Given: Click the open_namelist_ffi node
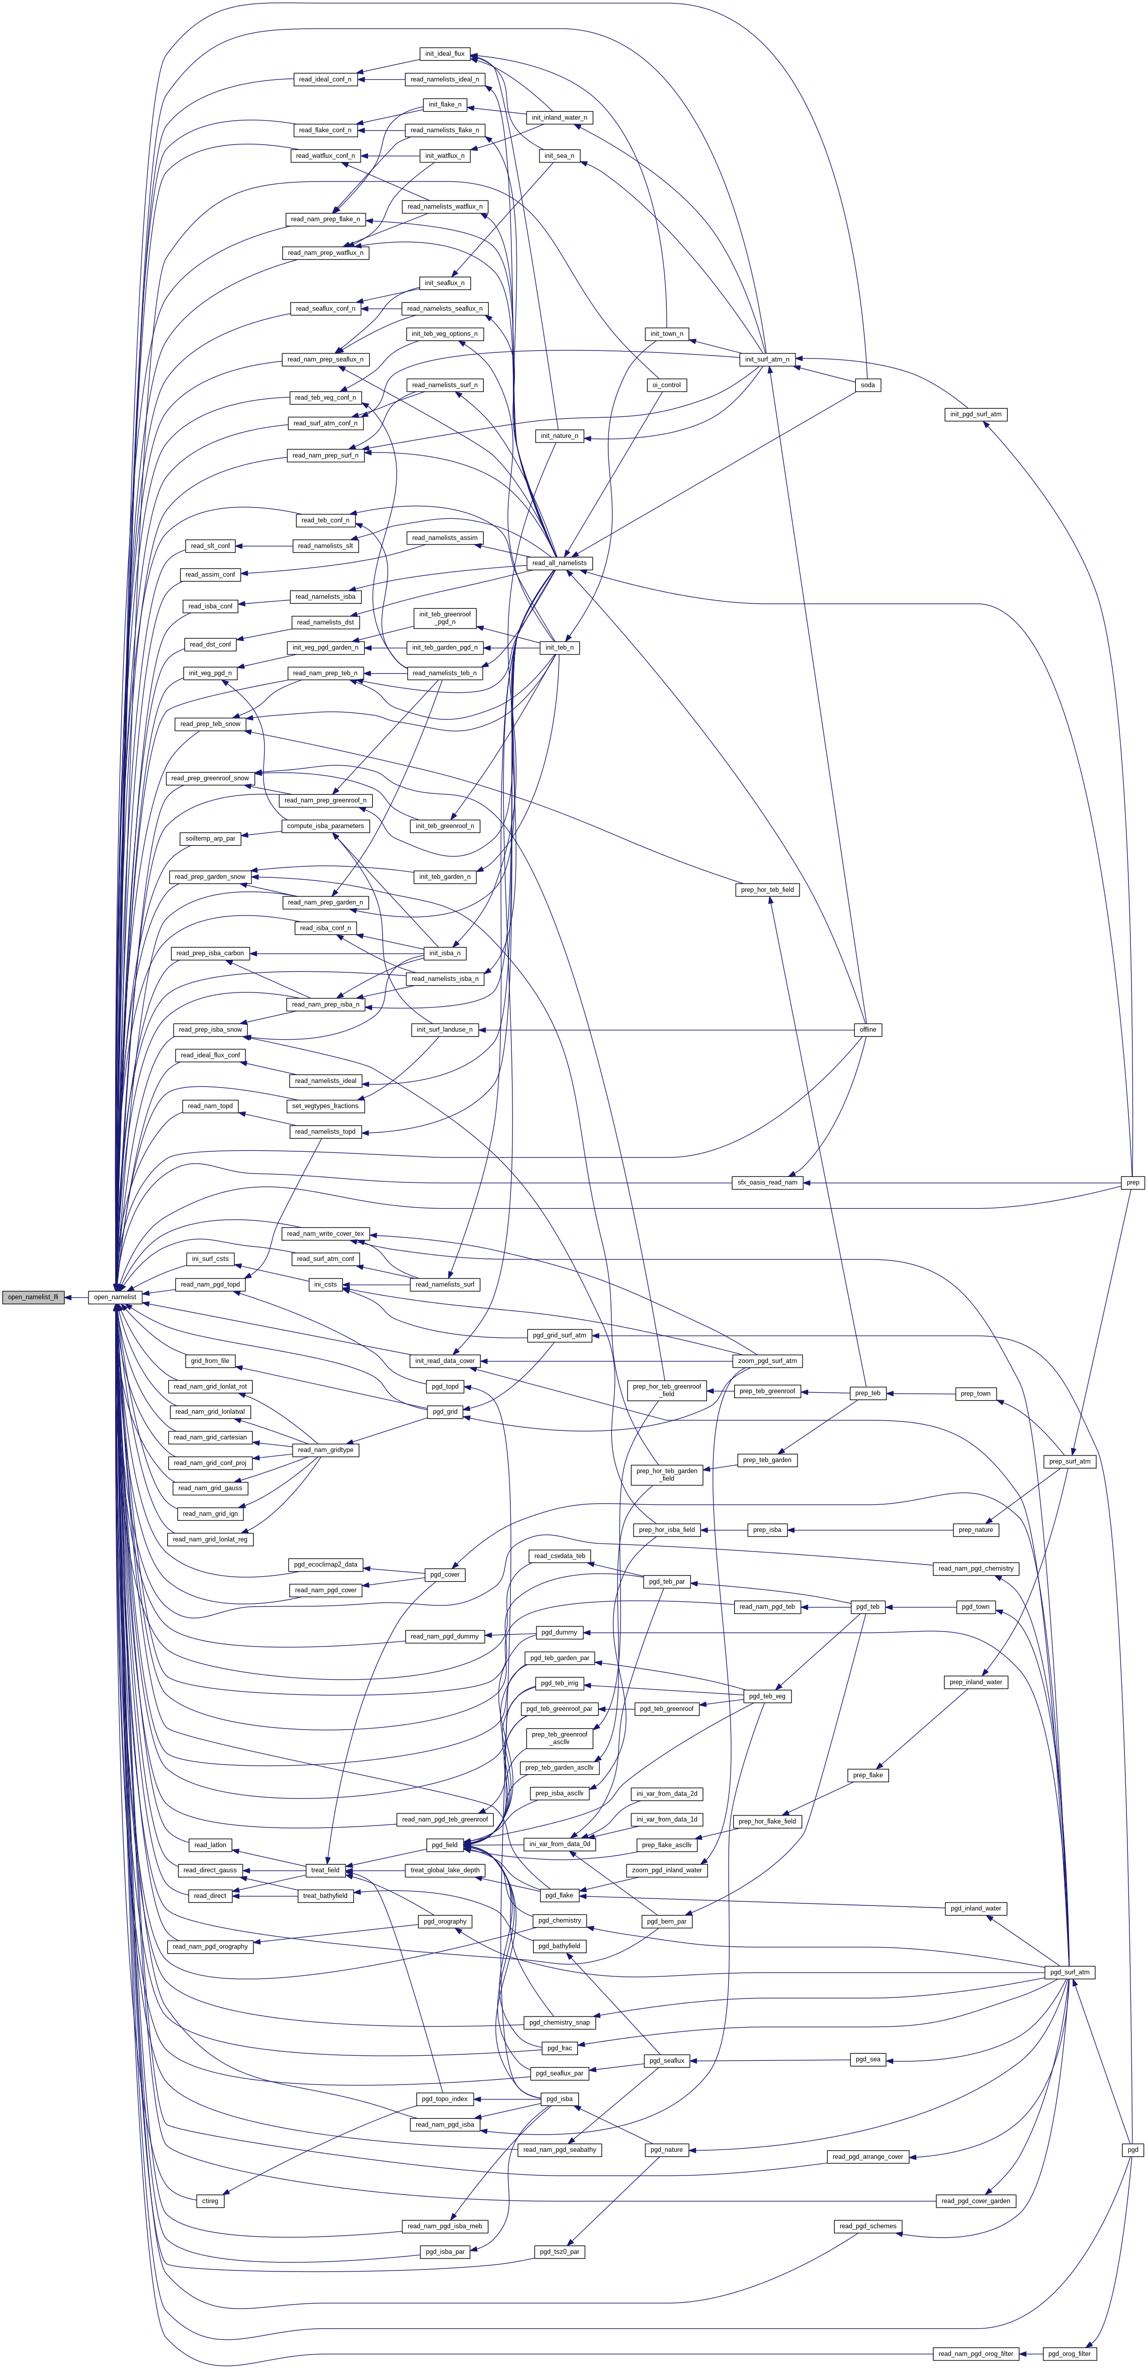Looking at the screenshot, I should click(32, 1297).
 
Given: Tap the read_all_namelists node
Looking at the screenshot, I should click(558, 563).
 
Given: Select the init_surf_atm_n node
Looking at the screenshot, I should click(766, 359).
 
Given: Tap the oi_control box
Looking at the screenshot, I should click(665, 385).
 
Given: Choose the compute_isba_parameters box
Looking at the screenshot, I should click(325, 826).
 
